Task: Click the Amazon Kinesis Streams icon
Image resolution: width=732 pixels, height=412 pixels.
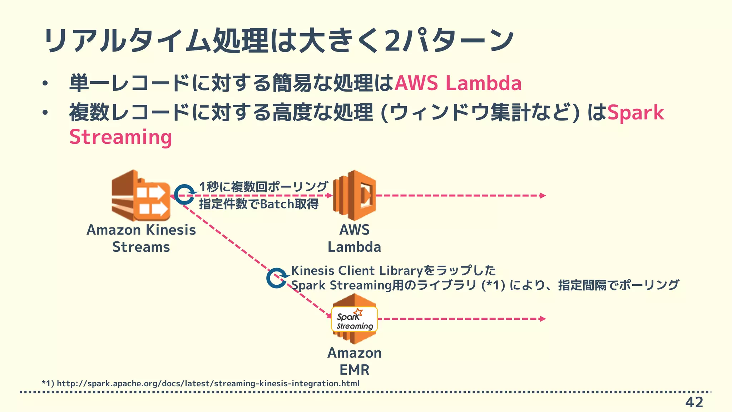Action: click(141, 195)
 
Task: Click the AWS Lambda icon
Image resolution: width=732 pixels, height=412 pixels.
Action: click(354, 195)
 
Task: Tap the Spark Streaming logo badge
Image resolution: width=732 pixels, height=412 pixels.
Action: click(354, 319)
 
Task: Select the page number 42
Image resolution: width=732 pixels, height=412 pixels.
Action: click(694, 402)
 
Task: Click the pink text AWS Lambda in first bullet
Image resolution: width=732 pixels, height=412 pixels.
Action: click(458, 83)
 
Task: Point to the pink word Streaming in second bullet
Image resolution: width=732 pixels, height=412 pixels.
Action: click(120, 137)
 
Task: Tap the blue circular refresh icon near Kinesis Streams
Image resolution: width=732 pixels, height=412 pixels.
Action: click(184, 195)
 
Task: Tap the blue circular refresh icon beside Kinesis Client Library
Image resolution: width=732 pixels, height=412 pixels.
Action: click(277, 278)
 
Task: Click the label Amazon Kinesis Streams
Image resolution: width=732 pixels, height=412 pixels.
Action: click(141, 238)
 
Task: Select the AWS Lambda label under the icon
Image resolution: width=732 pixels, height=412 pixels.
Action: click(354, 238)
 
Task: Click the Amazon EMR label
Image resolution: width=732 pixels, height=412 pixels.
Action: click(354, 361)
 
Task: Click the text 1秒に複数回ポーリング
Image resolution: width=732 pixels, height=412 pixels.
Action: click(263, 186)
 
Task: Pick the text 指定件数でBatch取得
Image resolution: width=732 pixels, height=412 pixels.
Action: click(259, 204)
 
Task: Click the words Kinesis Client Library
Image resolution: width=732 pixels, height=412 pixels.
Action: click(356, 271)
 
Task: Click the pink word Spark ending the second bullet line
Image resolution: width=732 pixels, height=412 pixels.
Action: click(635, 113)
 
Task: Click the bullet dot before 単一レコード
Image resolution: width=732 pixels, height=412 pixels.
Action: click(44, 84)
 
